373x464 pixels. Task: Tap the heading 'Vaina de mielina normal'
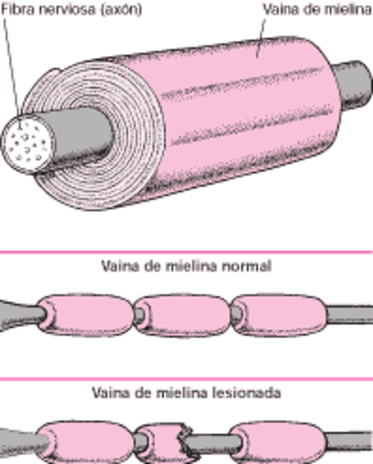[186, 266]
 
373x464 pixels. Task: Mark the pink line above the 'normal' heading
[186, 251]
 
